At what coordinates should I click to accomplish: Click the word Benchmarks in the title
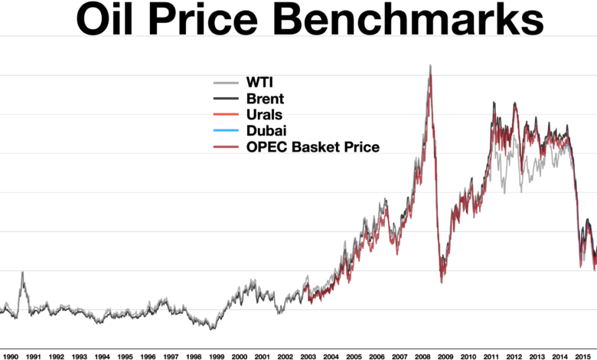click(409, 18)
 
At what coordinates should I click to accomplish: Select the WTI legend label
click(259, 82)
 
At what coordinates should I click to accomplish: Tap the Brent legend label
click(265, 99)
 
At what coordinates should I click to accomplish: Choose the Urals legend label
click(264, 115)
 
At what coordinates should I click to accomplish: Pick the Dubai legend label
click(266, 131)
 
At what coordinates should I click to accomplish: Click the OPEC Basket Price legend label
click(313, 147)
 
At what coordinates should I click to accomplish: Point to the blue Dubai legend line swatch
click(226, 131)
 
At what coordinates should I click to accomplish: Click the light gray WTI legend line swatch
click(226, 82)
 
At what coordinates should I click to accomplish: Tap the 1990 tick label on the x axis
click(10, 357)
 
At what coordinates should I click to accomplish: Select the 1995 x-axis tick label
click(125, 357)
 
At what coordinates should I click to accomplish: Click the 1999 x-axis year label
click(217, 357)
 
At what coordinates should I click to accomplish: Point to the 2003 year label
click(308, 357)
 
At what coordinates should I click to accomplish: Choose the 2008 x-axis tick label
click(422, 357)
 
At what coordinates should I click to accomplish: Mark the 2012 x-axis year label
click(514, 357)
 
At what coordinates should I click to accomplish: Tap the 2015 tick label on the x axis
click(582, 357)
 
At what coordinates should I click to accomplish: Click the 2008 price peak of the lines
click(430, 65)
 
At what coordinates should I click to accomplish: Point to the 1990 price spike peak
click(22, 272)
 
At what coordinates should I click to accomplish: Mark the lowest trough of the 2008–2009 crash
click(442, 283)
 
